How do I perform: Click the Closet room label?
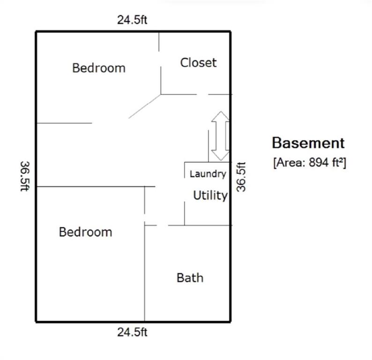click(x=198, y=63)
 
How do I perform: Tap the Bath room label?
click(x=190, y=277)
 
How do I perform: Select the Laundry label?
click(x=208, y=174)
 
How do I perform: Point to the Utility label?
click(x=210, y=195)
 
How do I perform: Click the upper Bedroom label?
click(x=99, y=68)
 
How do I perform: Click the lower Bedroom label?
click(x=85, y=232)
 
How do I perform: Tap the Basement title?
click(x=308, y=143)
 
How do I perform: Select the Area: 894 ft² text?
click(x=310, y=163)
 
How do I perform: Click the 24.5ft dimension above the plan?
click(x=132, y=20)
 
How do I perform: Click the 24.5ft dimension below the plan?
click(x=132, y=332)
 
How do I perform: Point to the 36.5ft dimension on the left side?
click(x=25, y=176)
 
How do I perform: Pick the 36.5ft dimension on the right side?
click(x=241, y=177)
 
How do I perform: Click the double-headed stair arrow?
click(x=221, y=136)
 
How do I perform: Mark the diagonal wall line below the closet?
click(x=145, y=106)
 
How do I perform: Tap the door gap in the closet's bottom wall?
click(x=202, y=94)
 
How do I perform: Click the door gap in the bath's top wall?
click(x=163, y=225)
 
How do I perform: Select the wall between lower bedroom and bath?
click(x=145, y=273)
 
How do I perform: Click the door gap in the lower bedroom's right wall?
click(x=145, y=217)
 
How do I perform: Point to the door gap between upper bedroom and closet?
click(x=160, y=59)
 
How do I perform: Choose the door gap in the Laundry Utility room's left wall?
click(x=185, y=190)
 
